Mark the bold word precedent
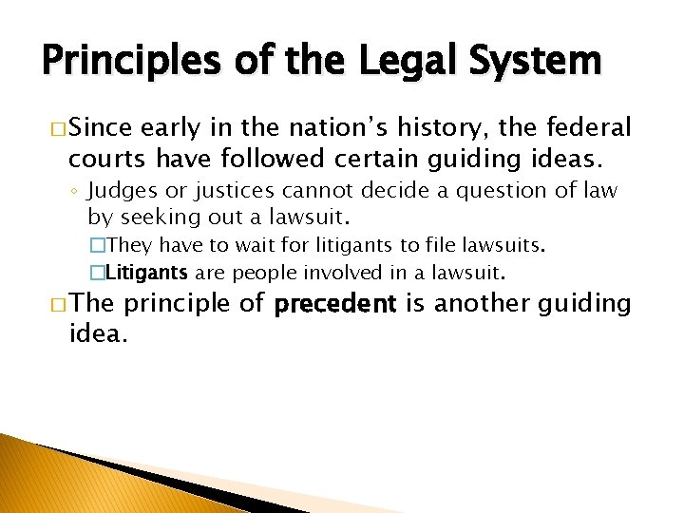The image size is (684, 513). coord(334,304)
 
